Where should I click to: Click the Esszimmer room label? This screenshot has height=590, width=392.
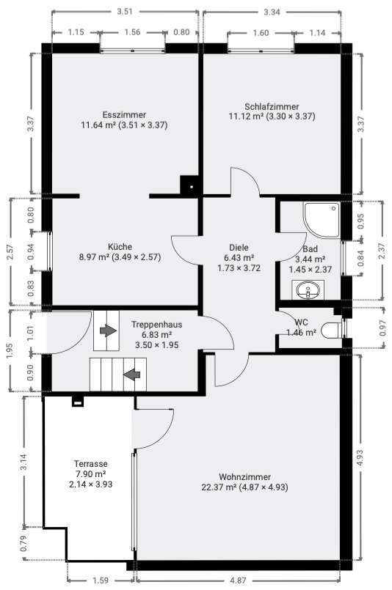pyautogui.click(x=124, y=115)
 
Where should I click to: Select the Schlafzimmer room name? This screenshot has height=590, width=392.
pyautogui.click(x=271, y=106)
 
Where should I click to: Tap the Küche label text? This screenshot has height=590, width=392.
pyautogui.click(x=120, y=247)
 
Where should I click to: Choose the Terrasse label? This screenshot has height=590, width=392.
pyautogui.click(x=91, y=464)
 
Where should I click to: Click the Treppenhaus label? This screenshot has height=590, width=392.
pyautogui.click(x=156, y=324)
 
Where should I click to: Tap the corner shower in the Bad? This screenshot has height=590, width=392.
pyautogui.click(x=322, y=220)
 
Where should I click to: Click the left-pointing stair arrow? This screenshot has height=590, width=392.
pyautogui.click(x=132, y=375)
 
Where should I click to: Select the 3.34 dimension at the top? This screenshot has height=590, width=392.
pyautogui.click(x=272, y=11)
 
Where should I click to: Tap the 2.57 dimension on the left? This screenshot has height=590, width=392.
pyautogui.click(x=10, y=251)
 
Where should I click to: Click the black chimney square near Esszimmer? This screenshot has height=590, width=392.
pyautogui.click(x=191, y=186)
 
